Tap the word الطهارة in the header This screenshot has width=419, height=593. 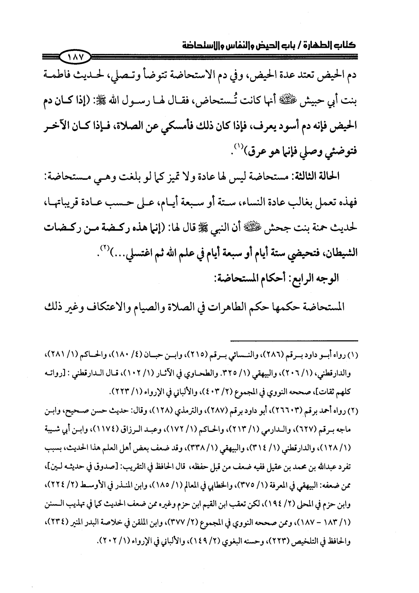[316, 45]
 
